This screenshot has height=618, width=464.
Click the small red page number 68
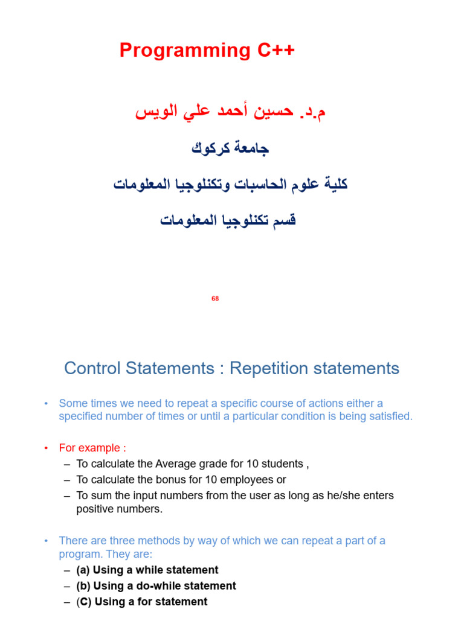point(215,299)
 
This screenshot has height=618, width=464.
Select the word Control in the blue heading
point(90,369)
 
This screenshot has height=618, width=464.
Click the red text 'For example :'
point(92,448)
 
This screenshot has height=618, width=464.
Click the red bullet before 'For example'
point(45,448)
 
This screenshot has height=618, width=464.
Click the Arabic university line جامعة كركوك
point(230,148)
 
